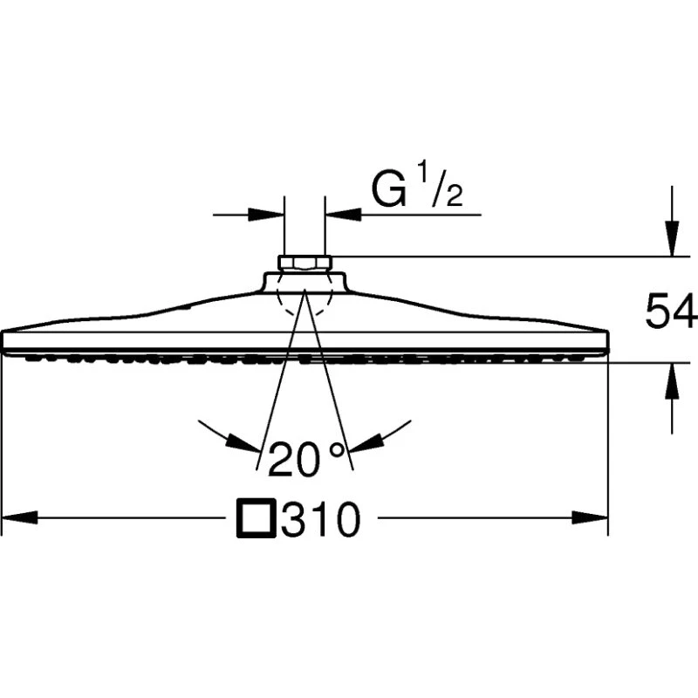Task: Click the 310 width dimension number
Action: tap(320, 519)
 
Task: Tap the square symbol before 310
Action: tap(256, 519)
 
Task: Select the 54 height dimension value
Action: tap(671, 311)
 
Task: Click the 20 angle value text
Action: tap(294, 459)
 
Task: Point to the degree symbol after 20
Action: tap(337, 450)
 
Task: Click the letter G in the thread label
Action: tap(389, 191)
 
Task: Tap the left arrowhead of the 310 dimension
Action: tap(19, 517)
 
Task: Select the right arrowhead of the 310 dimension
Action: tap(590, 517)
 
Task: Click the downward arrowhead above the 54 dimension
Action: tap(672, 238)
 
